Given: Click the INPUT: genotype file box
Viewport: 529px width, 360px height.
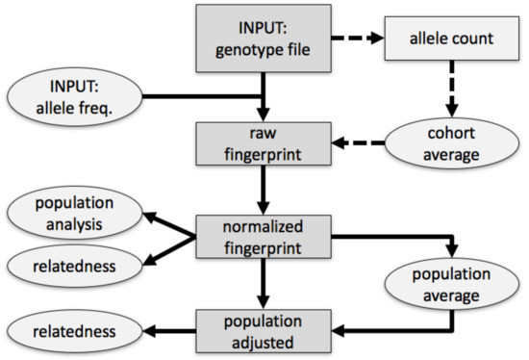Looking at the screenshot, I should (x=263, y=38).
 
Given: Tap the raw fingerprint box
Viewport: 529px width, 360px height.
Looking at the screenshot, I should (x=263, y=143).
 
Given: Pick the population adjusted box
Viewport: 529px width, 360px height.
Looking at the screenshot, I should (x=263, y=330).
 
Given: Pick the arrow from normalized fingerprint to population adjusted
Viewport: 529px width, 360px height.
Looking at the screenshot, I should (x=263, y=284).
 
